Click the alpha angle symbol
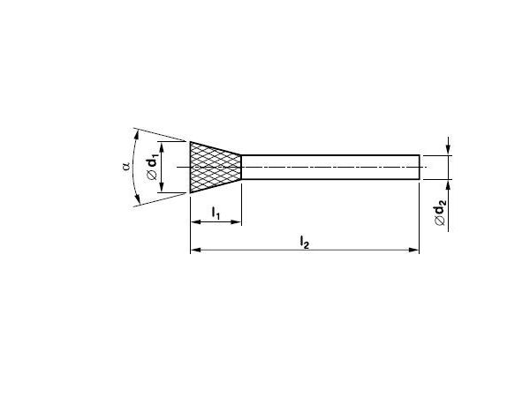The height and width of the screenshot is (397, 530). (126, 167)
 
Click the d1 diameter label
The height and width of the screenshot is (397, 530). (153, 161)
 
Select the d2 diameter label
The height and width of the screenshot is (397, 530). (441, 207)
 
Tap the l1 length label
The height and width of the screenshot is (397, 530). (216, 213)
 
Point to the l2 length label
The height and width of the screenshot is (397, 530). (304, 242)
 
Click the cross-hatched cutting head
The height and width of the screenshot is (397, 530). (216, 167)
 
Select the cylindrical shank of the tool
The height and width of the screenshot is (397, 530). (330, 167)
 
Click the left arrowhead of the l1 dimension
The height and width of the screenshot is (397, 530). (195, 221)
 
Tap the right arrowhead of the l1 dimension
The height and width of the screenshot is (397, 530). (236, 221)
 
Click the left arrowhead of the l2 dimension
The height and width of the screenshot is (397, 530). (196, 250)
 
